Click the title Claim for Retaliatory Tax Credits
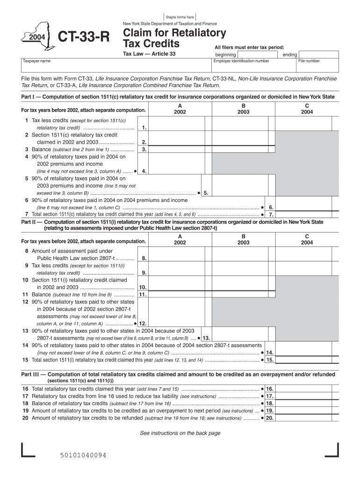click(174, 38)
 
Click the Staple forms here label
click(180, 17)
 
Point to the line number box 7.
click(271, 214)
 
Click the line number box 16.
click(270, 389)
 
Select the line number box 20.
click(270, 418)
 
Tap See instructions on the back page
click(180, 433)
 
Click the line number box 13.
click(206, 338)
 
